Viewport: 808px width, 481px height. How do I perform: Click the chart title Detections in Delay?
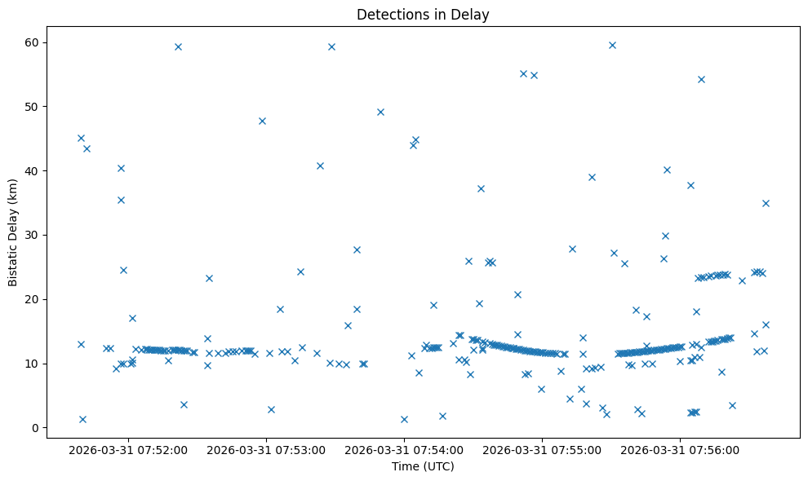[x=423, y=14]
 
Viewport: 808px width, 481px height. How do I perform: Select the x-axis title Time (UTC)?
[x=423, y=466]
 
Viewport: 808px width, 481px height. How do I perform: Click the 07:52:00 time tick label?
[x=128, y=449]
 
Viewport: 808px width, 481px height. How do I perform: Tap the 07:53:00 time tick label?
[x=266, y=449]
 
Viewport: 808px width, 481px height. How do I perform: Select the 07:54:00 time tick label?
[x=404, y=449]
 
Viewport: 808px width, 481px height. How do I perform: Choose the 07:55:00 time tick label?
[x=542, y=449]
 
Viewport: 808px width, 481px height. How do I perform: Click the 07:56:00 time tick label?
[x=680, y=449]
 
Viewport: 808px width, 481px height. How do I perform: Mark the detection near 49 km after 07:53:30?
[x=380, y=112]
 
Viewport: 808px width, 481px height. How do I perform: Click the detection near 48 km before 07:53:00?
[x=262, y=121]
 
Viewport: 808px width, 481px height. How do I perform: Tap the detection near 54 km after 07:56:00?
[x=701, y=79]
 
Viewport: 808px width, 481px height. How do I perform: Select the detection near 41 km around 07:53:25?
[x=320, y=165]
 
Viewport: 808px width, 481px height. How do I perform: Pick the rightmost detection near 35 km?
[x=766, y=203]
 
